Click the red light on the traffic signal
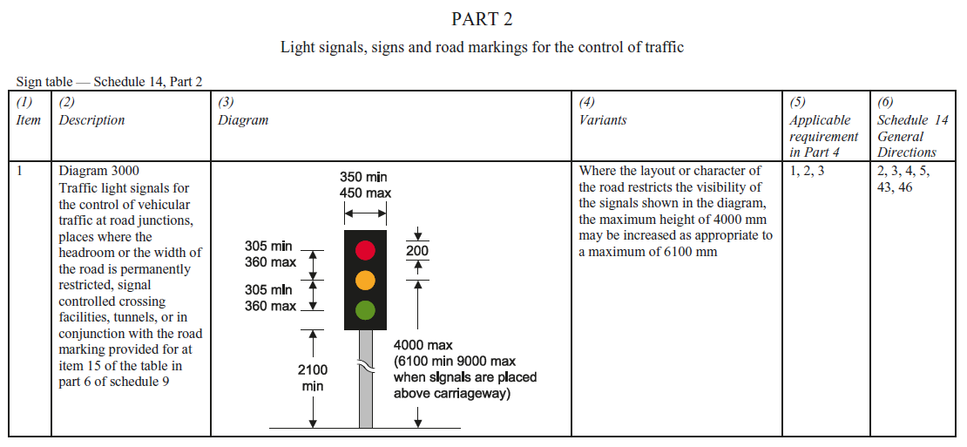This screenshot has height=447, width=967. pos(365,250)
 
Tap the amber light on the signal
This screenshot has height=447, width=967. pos(365,280)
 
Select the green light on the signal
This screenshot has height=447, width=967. pos(365,309)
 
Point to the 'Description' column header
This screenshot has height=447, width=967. pos(91,120)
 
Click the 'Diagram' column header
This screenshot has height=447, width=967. pos(243,120)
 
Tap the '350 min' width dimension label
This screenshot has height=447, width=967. pos(364,177)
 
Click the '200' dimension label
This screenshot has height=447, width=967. pos(417,252)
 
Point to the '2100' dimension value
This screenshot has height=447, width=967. pos(313,370)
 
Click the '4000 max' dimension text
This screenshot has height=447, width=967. pos(423,346)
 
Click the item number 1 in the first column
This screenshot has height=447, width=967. pos(21,171)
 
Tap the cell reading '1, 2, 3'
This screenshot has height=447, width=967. pos(807,171)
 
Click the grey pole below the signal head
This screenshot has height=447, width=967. pos(366,392)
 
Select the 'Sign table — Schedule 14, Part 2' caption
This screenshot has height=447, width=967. pos(110,82)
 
